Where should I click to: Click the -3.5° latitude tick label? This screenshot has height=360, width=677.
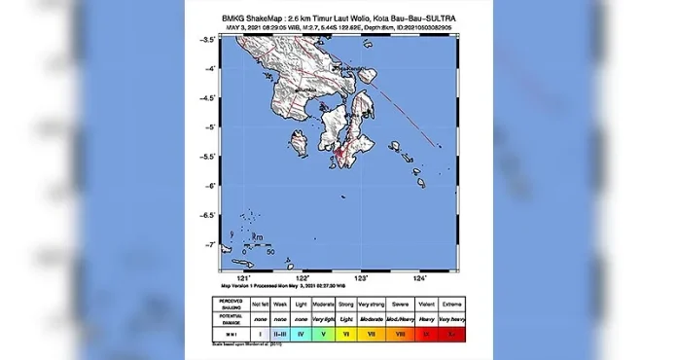(206, 40)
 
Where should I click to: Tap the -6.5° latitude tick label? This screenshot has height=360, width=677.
(206, 215)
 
